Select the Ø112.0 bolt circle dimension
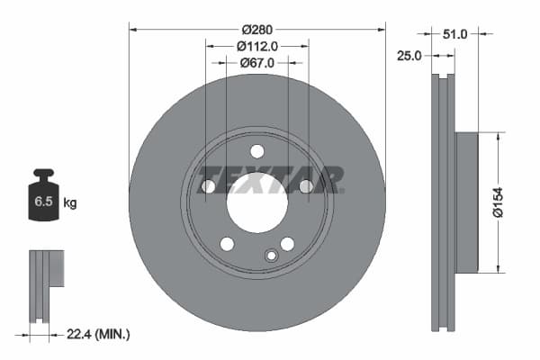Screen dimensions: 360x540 click(256, 46)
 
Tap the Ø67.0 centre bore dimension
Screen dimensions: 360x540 click(256, 62)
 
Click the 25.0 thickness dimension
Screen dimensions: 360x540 click(409, 56)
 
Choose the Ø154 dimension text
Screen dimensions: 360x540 click(510, 202)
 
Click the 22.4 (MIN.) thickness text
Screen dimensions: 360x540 click(99, 334)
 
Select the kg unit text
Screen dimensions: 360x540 click(69, 203)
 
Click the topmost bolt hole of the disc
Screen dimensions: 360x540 click(256, 151)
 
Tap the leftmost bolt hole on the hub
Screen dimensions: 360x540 click(209, 186)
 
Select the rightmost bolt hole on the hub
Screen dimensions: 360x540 click(305, 186)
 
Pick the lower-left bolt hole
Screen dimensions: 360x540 click(227, 244)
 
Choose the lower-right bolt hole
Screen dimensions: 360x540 click(287, 244)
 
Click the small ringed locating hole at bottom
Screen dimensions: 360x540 click(269, 256)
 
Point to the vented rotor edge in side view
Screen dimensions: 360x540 click(440, 202)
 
